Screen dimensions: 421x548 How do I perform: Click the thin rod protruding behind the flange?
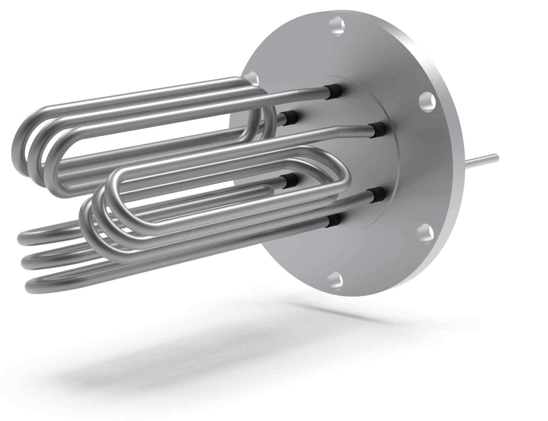coord(487,160)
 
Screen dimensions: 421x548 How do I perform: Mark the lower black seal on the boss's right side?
coord(377,195)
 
